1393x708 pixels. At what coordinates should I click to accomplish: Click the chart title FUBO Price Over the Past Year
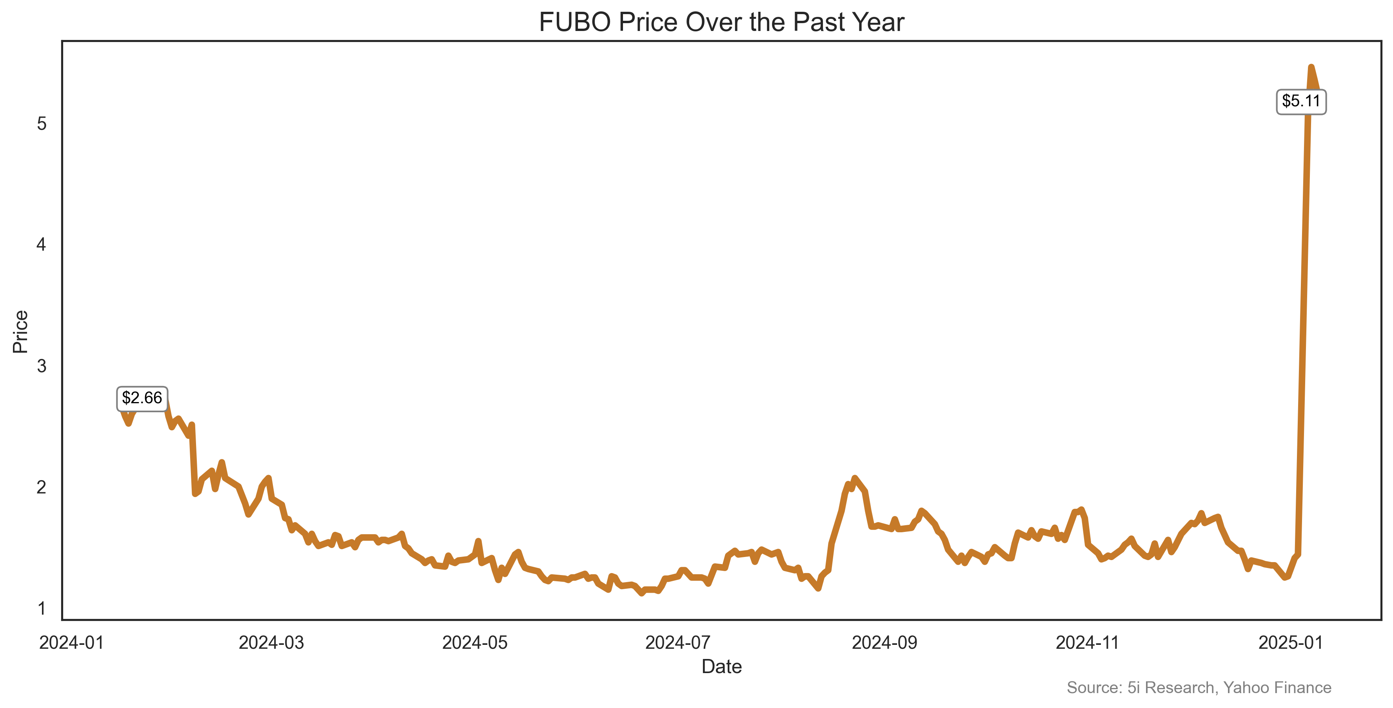pos(721,23)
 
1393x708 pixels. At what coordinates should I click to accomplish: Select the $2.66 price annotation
pos(142,398)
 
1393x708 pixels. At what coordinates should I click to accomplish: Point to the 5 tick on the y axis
pos(42,124)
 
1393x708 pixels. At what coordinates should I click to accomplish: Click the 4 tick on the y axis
pos(42,245)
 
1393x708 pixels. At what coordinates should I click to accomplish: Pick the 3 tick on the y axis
pos(42,366)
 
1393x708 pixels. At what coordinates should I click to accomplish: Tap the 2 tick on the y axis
pos(42,487)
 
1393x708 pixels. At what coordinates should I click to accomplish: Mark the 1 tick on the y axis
pos(42,608)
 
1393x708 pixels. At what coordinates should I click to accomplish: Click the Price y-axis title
pos(20,331)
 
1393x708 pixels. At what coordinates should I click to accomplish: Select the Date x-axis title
pos(721,667)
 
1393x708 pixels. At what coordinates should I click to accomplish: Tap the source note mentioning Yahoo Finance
pos(1199,688)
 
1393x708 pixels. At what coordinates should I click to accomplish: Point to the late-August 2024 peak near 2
pos(854,478)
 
